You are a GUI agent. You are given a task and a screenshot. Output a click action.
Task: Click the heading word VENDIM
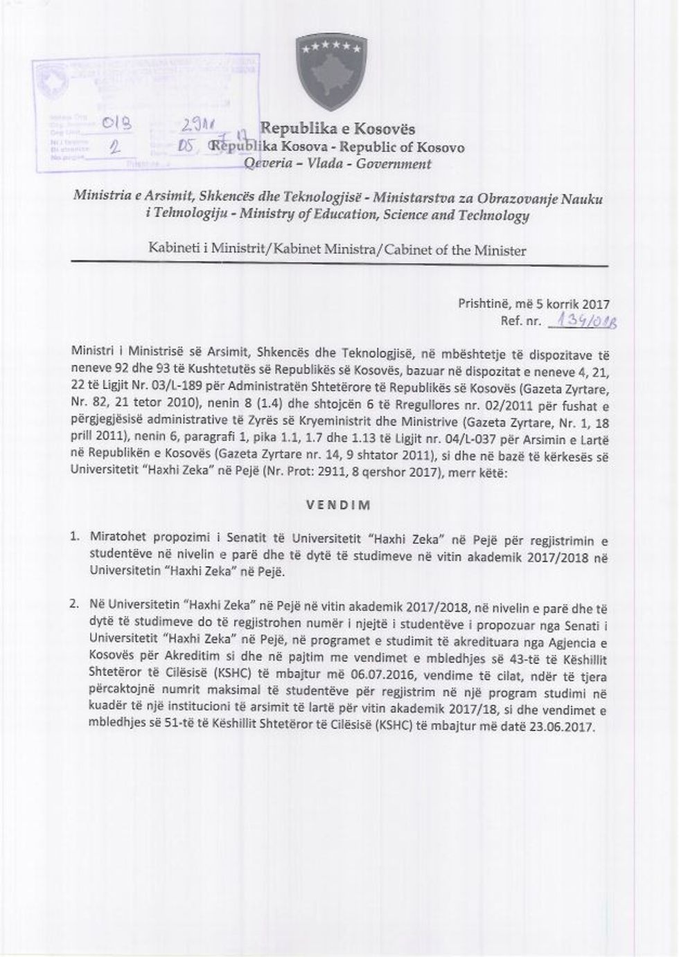tap(338, 505)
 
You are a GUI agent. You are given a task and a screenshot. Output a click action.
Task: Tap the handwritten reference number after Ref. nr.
tap(582, 321)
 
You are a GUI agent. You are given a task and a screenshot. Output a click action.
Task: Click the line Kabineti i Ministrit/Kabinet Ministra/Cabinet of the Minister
tap(337, 249)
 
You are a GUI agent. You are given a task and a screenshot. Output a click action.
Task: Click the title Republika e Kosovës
tap(337, 129)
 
